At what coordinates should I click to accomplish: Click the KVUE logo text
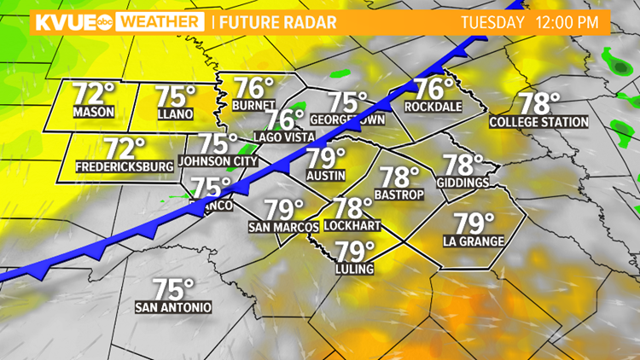[57, 22]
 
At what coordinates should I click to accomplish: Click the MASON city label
[93, 113]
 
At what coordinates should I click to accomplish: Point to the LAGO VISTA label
[284, 137]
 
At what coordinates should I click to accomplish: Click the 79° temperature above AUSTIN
[325, 159]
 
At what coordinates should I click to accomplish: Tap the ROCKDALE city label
[433, 107]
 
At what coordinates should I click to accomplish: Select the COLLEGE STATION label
[538, 122]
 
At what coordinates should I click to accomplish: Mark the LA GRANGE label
[474, 241]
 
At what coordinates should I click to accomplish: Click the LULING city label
[354, 269]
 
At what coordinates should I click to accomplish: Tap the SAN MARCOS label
[283, 227]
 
